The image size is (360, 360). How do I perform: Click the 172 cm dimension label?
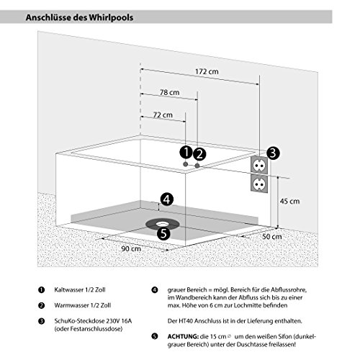point(207,71)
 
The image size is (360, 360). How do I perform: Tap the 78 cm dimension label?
point(169,92)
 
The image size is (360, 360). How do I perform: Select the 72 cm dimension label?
point(163,115)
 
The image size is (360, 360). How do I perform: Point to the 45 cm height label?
point(289,201)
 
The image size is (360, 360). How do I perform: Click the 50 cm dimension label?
point(271,236)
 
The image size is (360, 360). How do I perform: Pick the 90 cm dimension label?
point(131,248)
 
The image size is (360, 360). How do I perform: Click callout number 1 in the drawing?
point(186,153)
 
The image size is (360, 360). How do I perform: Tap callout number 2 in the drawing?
point(199,154)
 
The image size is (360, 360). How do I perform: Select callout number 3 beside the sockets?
point(273,153)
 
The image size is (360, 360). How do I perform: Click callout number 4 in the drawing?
point(167,199)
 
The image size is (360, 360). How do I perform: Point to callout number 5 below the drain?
point(163,233)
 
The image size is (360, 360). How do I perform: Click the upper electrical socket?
point(259,165)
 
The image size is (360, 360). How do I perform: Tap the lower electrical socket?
point(259,184)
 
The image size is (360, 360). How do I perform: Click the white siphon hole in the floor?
point(163,224)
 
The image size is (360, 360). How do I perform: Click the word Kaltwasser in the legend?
point(69,289)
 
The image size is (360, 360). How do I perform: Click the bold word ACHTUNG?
point(183,336)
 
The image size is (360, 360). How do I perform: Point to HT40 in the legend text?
point(186,321)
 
